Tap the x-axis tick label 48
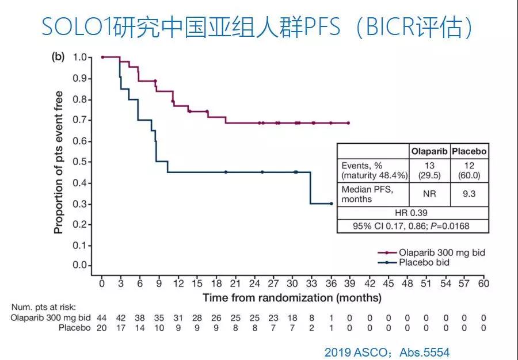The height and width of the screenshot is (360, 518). click(x=407, y=283)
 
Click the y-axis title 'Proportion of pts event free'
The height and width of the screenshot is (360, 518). click(x=58, y=162)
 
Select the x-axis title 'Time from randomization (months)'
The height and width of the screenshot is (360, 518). click(x=291, y=298)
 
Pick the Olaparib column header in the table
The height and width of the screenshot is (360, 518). click(x=429, y=152)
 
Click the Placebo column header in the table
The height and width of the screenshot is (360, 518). click(x=469, y=152)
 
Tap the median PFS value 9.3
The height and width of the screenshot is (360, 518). click(x=469, y=194)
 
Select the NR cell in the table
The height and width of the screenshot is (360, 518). click(x=429, y=194)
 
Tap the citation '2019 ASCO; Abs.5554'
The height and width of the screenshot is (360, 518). click(x=386, y=351)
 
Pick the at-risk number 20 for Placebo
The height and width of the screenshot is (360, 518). click(x=101, y=328)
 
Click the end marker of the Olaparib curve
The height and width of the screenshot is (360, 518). click(x=349, y=123)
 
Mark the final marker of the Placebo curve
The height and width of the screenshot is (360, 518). click(x=332, y=204)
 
